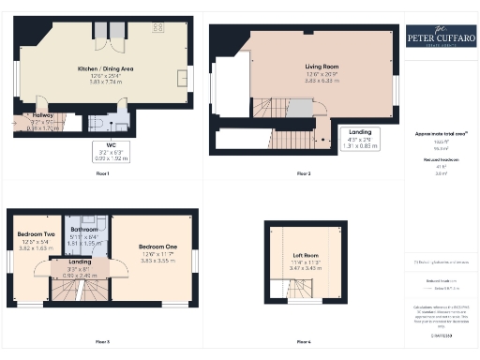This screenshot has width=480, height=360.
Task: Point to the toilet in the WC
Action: coord(98,121)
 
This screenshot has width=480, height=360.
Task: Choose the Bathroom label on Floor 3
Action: coord(84,229)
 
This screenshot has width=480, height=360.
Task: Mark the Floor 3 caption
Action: coord(102,340)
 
